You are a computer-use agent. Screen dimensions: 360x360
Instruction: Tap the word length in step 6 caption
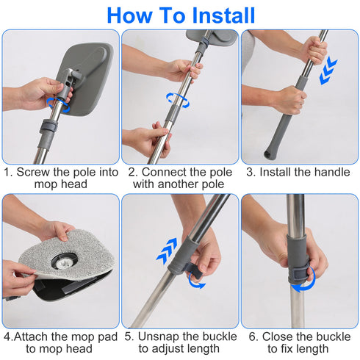314,349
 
